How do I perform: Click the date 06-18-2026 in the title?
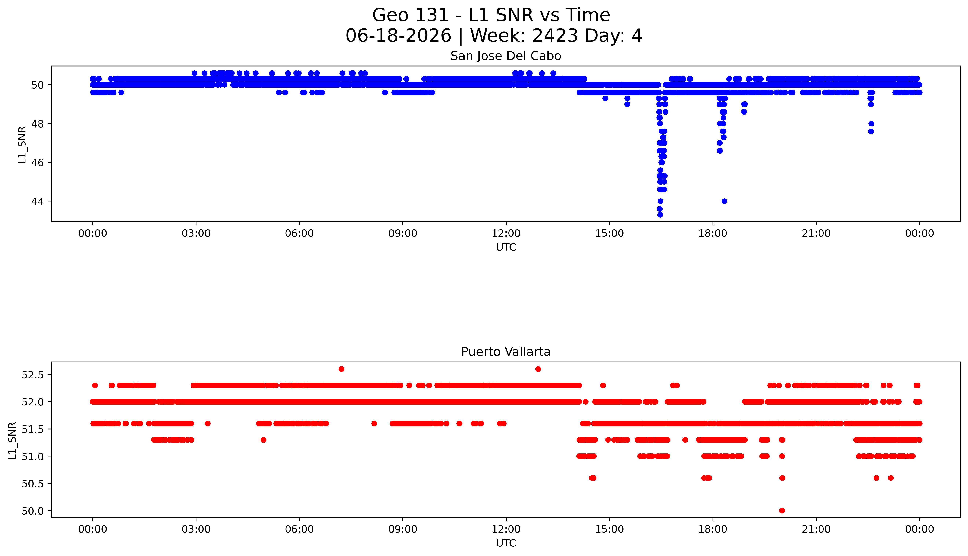398,36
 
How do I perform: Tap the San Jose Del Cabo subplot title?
506,56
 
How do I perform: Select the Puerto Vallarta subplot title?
506,352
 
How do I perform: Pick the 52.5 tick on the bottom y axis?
33,375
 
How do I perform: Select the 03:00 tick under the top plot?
196,233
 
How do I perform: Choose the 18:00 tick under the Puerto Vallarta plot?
713,529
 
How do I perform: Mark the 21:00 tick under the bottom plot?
816,529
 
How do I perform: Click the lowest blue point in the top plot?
660,215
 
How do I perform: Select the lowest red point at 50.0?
782,511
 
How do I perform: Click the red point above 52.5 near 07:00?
341,369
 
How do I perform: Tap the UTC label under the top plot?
506,247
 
